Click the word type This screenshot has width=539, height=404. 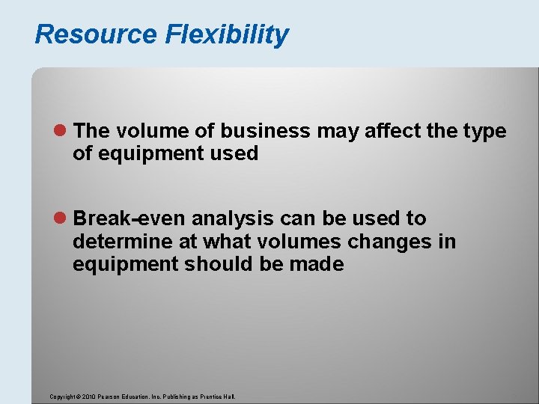484,132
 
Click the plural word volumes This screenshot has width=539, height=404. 287,242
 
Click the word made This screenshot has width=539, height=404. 318,264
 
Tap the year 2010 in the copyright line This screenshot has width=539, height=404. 88,397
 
